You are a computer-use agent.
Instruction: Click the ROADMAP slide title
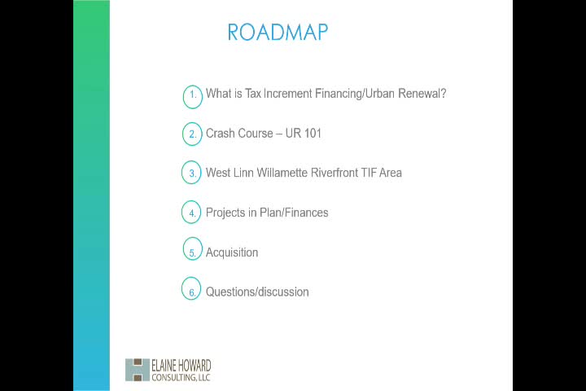[x=278, y=32]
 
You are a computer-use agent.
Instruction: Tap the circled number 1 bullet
[x=192, y=95]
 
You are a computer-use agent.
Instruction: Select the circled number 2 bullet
[x=192, y=134]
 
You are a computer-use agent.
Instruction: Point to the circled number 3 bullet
[x=192, y=174]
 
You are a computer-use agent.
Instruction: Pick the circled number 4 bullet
[x=192, y=213]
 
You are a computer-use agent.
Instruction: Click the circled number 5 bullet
[x=192, y=253]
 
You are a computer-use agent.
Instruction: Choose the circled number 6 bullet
[x=192, y=292]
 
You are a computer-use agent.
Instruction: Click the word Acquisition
[x=232, y=253]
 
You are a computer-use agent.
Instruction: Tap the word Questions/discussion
[x=257, y=292]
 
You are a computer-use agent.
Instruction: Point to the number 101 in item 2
[x=313, y=133]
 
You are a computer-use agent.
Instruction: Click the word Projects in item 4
[x=225, y=213]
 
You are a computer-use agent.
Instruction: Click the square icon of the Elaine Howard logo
[x=138, y=370]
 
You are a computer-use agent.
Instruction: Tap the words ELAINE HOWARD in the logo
[x=181, y=366]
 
